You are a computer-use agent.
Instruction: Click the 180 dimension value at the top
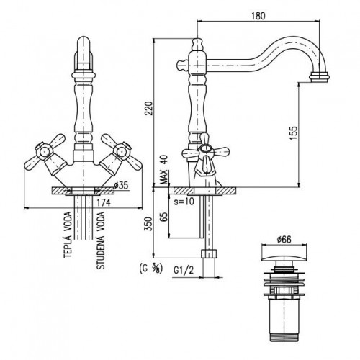258,16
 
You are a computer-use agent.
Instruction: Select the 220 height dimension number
149,108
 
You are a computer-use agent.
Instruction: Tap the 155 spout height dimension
293,132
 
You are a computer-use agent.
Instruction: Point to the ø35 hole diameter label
122,185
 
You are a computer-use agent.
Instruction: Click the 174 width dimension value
104,203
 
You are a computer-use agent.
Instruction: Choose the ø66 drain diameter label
284,239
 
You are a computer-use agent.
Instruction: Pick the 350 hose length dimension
149,224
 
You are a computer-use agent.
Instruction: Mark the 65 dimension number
164,217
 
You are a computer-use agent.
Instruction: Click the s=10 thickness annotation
184,201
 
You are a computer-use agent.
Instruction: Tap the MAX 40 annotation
164,169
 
